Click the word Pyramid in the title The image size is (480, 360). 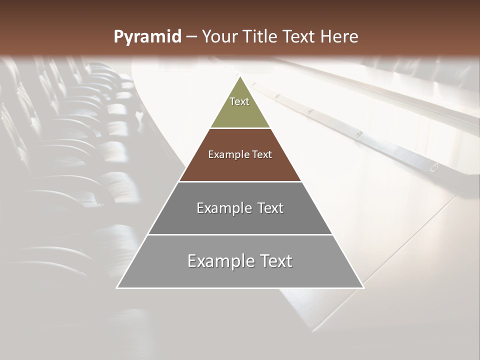[x=147, y=37]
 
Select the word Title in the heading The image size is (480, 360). [x=261, y=36]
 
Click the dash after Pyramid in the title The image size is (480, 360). [x=191, y=37]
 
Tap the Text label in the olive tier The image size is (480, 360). [x=239, y=101]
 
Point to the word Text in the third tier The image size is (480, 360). [x=270, y=208]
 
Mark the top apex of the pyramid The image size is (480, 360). [x=240, y=76]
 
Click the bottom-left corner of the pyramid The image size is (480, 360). [x=117, y=288]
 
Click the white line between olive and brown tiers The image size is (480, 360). [x=240, y=128]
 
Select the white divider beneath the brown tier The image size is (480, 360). [x=240, y=181]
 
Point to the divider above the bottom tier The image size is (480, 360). [x=240, y=234]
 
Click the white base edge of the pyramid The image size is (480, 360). [x=240, y=288]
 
